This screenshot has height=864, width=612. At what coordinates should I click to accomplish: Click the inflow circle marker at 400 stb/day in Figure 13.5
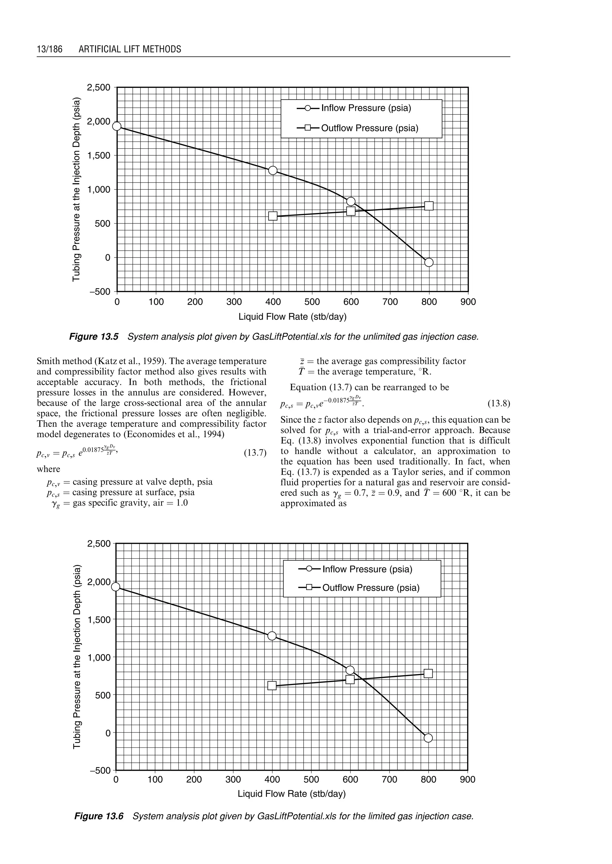(x=273, y=170)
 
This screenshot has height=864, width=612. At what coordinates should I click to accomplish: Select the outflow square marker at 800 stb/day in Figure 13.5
(x=429, y=206)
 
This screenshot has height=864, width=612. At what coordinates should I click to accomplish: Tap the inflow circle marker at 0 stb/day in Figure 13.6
(x=116, y=587)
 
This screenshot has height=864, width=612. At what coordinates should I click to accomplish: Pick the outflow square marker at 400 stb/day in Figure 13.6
(x=272, y=685)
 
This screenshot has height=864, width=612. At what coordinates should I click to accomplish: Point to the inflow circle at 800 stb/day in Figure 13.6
(x=428, y=738)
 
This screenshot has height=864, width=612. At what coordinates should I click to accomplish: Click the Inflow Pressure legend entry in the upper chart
(x=365, y=108)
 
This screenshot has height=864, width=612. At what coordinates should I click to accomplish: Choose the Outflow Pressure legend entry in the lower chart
(x=371, y=588)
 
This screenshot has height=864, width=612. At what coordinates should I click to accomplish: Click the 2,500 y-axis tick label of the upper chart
(x=98, y=88)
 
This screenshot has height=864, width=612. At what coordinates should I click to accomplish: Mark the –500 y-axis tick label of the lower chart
(x=100, y=770)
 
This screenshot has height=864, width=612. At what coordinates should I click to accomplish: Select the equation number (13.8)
(x=498, y=404)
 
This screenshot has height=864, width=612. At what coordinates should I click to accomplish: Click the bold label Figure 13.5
(x=94, y=336)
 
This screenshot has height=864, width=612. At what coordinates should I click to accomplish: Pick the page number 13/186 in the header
(x=49, y=49)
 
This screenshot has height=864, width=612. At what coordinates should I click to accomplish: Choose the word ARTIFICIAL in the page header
(x=98, y=49)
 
